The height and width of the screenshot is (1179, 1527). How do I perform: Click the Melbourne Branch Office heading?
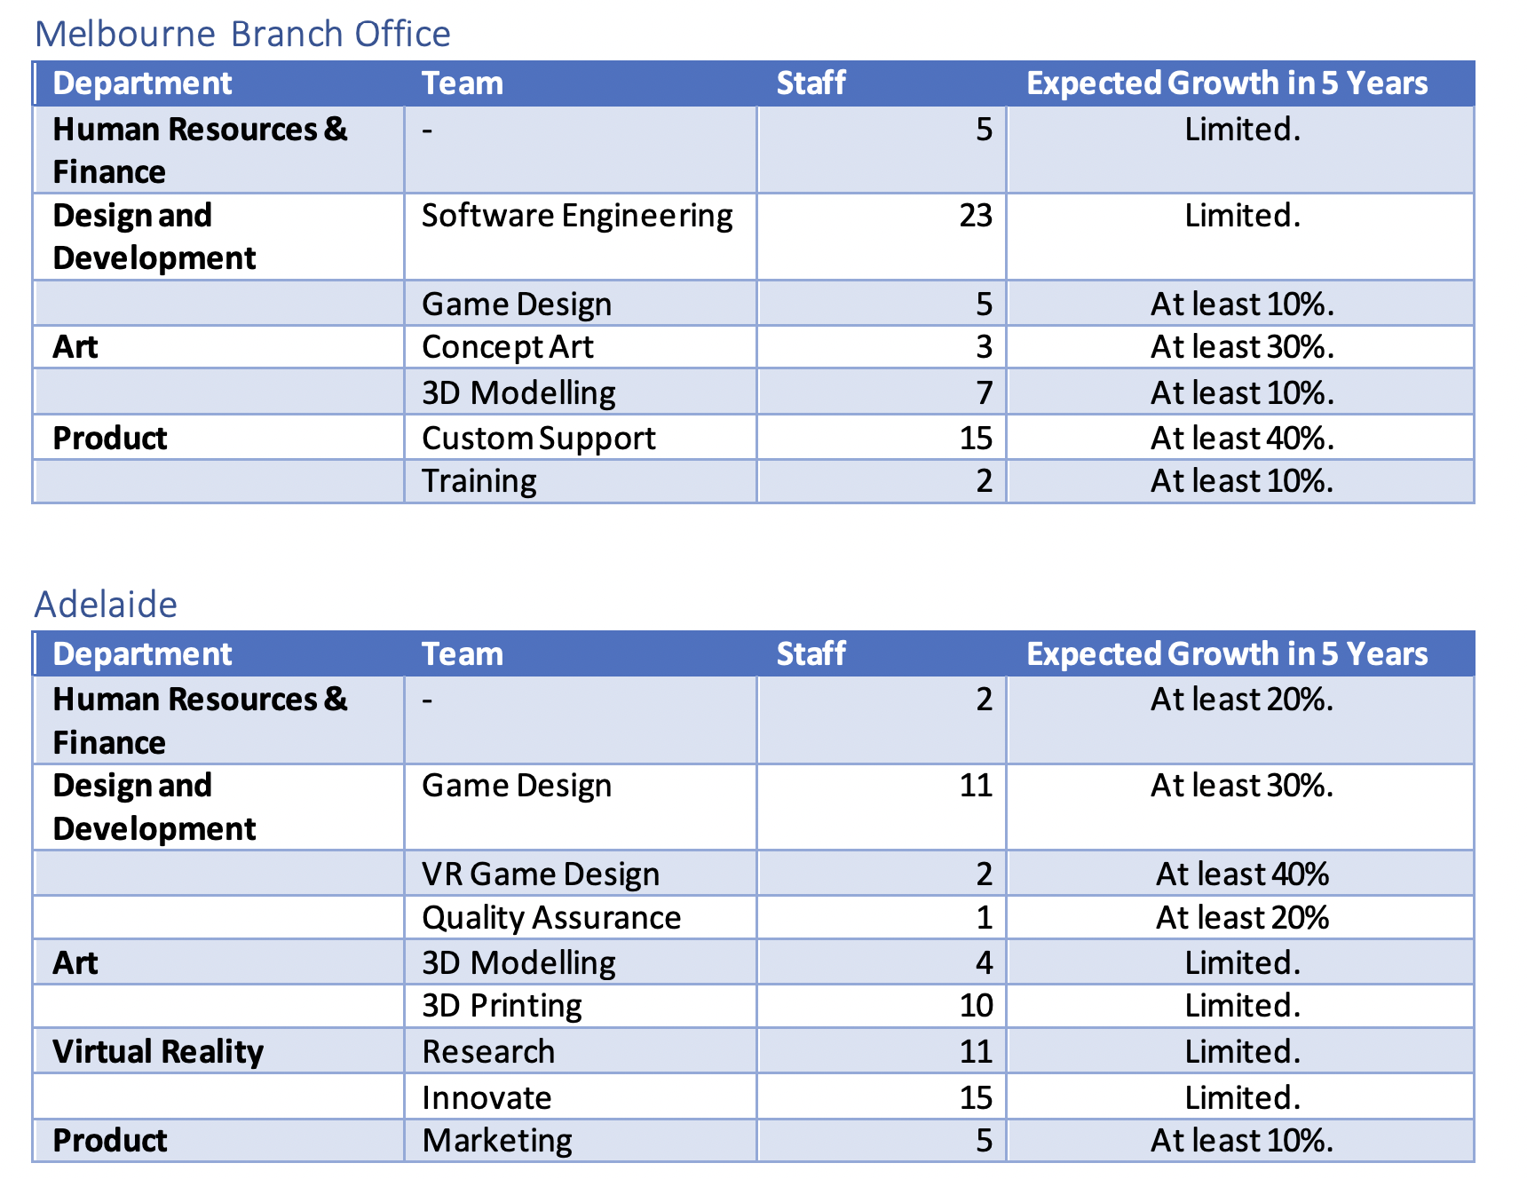[242, 34]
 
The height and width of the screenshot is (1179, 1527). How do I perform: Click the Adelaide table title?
[106, 605]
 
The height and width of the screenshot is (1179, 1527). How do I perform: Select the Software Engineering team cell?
[577, 216]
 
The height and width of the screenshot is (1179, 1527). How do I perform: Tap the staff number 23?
[975, 216]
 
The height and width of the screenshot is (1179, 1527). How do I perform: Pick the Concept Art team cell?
[507, 347]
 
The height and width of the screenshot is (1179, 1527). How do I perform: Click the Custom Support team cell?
[538, 439]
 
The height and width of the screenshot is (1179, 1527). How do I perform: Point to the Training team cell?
[479, 481]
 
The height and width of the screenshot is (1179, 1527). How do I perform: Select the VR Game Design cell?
[540, 874]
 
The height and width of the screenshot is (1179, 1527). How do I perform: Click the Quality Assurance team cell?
[550, 918]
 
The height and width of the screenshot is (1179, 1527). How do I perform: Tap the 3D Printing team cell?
[502, 1006]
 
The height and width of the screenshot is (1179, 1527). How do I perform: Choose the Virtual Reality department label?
[158, 1052]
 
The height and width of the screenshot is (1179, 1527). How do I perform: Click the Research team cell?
[488, 1052]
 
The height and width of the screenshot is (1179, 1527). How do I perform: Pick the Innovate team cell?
[487, 1098]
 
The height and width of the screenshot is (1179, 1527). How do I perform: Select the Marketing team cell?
[497, 1141]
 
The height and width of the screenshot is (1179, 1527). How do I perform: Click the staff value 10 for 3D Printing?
[975, 1006]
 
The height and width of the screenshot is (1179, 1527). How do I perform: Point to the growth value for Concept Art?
[1241, 347]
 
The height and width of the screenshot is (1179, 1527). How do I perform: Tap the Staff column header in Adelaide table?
[811, 654]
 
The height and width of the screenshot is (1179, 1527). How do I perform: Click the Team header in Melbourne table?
[462, 83]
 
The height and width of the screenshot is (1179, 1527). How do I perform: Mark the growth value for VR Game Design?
[1241, 874]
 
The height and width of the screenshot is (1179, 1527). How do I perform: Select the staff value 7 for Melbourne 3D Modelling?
[983, 393]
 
